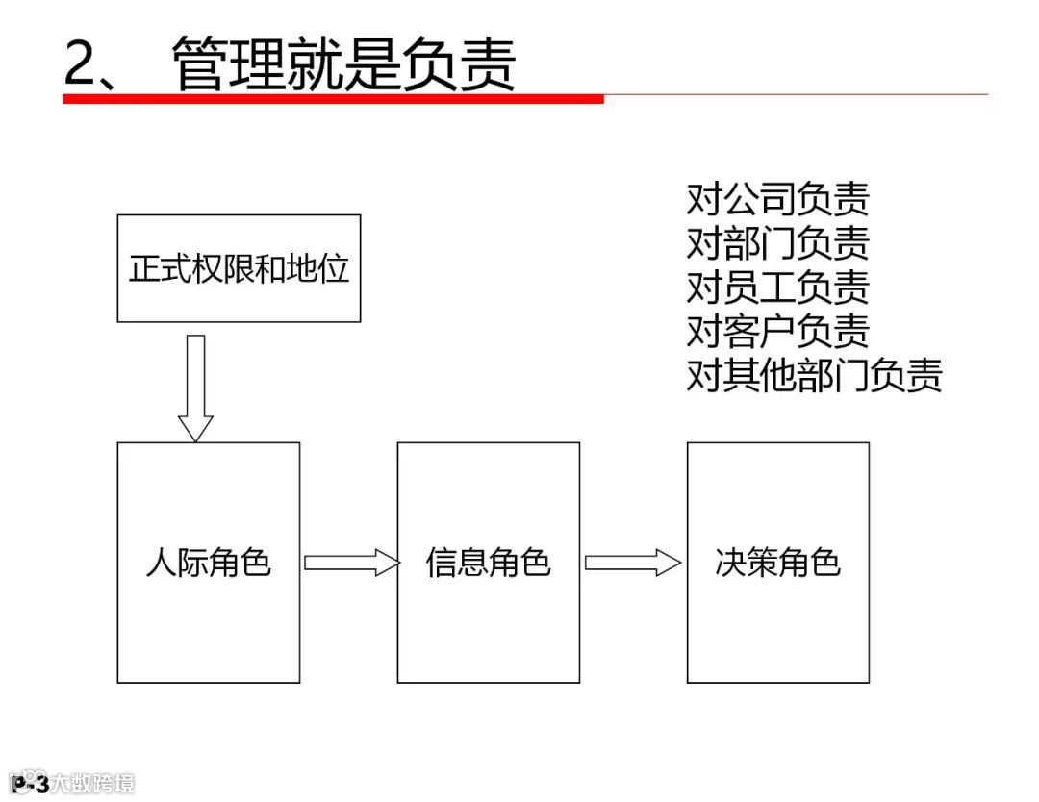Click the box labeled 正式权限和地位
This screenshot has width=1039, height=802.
pos(239,268)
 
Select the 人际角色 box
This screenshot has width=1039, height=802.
pos(208,563)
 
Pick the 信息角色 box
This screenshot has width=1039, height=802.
pos(488,563)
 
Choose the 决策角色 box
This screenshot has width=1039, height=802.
pos(777,563)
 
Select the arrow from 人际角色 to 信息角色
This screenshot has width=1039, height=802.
pos(351,563)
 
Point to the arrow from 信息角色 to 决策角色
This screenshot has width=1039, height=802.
pos(632,563)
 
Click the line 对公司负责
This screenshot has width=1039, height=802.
pos(777,199)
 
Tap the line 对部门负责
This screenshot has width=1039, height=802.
pos(777,243)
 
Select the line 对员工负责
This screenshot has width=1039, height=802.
pos(777,287)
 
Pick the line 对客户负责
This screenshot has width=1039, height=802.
pos(777,331)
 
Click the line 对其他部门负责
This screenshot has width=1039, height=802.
pos(814,375)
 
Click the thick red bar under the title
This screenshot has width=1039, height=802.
pos(333,98)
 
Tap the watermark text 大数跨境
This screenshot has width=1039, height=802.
pos(93,784)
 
